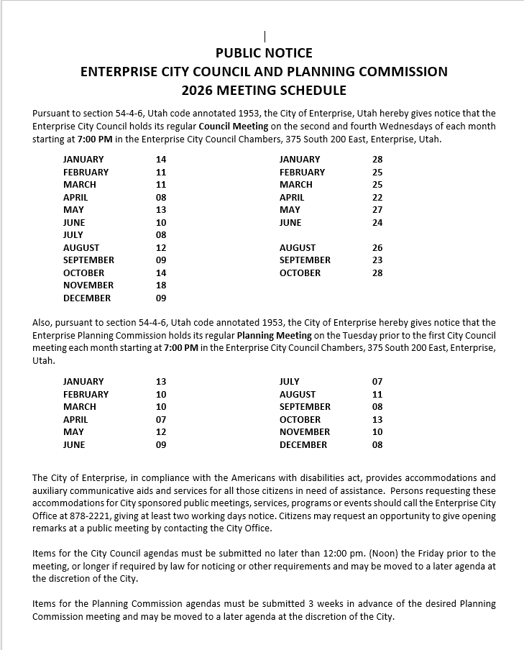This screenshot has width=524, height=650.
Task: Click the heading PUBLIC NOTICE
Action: pyautogui.click(x=264, y=52)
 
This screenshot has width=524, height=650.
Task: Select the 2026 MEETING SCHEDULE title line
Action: pyautogui.click(x=264, y=91)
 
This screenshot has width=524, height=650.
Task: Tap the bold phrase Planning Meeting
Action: pyautogui.click(x=275, y=336)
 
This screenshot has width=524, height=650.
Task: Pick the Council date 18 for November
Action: pyautogui.click(x=161, y=285)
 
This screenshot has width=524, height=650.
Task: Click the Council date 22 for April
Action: pyautogui.click(x=377, y=197)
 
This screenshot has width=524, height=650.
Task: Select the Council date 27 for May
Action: pyautogui.click(x=377, y=210)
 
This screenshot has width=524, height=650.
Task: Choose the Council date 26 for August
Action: pyautogui.click(x=377, y=248)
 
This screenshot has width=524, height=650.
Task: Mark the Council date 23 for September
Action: pyautogui.click(x=377, y=260)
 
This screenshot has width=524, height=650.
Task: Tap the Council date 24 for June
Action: pyautogui.click(x=377, y=223)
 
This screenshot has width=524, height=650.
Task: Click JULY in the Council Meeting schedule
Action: pyautogui.click(x=73, y=235)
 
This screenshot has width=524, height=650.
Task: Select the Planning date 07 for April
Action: pyautogui.click(x=161, y=420)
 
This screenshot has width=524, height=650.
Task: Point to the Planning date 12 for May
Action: pyautogui.click(x=161, y=432)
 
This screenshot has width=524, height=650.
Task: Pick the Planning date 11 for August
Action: pyautogui.click(x=377, y=395)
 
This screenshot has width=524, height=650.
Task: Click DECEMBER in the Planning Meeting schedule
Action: pyautogui.click(x=303, y=445)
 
